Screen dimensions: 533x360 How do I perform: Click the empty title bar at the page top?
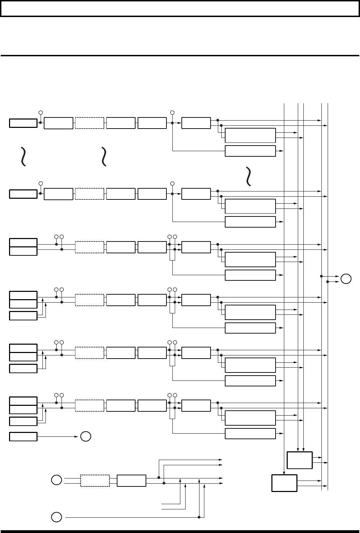pos(180,9)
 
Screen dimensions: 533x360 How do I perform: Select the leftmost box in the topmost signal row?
pos(23,123)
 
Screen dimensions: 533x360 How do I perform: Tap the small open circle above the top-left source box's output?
pos(40,113)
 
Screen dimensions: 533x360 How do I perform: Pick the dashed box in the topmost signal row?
pos(89,123)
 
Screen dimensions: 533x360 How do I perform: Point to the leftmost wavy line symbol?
pos(23,156)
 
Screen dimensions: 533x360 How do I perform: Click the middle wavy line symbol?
pos(104,156)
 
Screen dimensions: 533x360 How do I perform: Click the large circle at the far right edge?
pos(346,279)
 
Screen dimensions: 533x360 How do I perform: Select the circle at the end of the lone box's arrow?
pos(86,436)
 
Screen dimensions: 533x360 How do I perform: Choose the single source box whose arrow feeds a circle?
pos(23,436)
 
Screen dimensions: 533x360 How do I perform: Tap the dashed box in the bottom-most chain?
pos(95,481)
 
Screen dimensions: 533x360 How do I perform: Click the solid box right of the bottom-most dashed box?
pos(131,481)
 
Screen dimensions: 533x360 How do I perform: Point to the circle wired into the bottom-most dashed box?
pos(57,481)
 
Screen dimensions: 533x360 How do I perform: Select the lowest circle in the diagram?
pos(57,517)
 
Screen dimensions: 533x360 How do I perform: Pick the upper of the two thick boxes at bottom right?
pos(300,460)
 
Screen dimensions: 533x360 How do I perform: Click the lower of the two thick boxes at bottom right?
pos(284,483)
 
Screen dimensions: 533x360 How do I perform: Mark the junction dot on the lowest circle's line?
pos(199,517)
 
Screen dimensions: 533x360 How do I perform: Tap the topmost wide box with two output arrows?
pos(250,135)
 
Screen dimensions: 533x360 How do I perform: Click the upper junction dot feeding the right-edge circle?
pos(321,276)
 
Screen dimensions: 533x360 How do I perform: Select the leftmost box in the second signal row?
pos(23,194)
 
